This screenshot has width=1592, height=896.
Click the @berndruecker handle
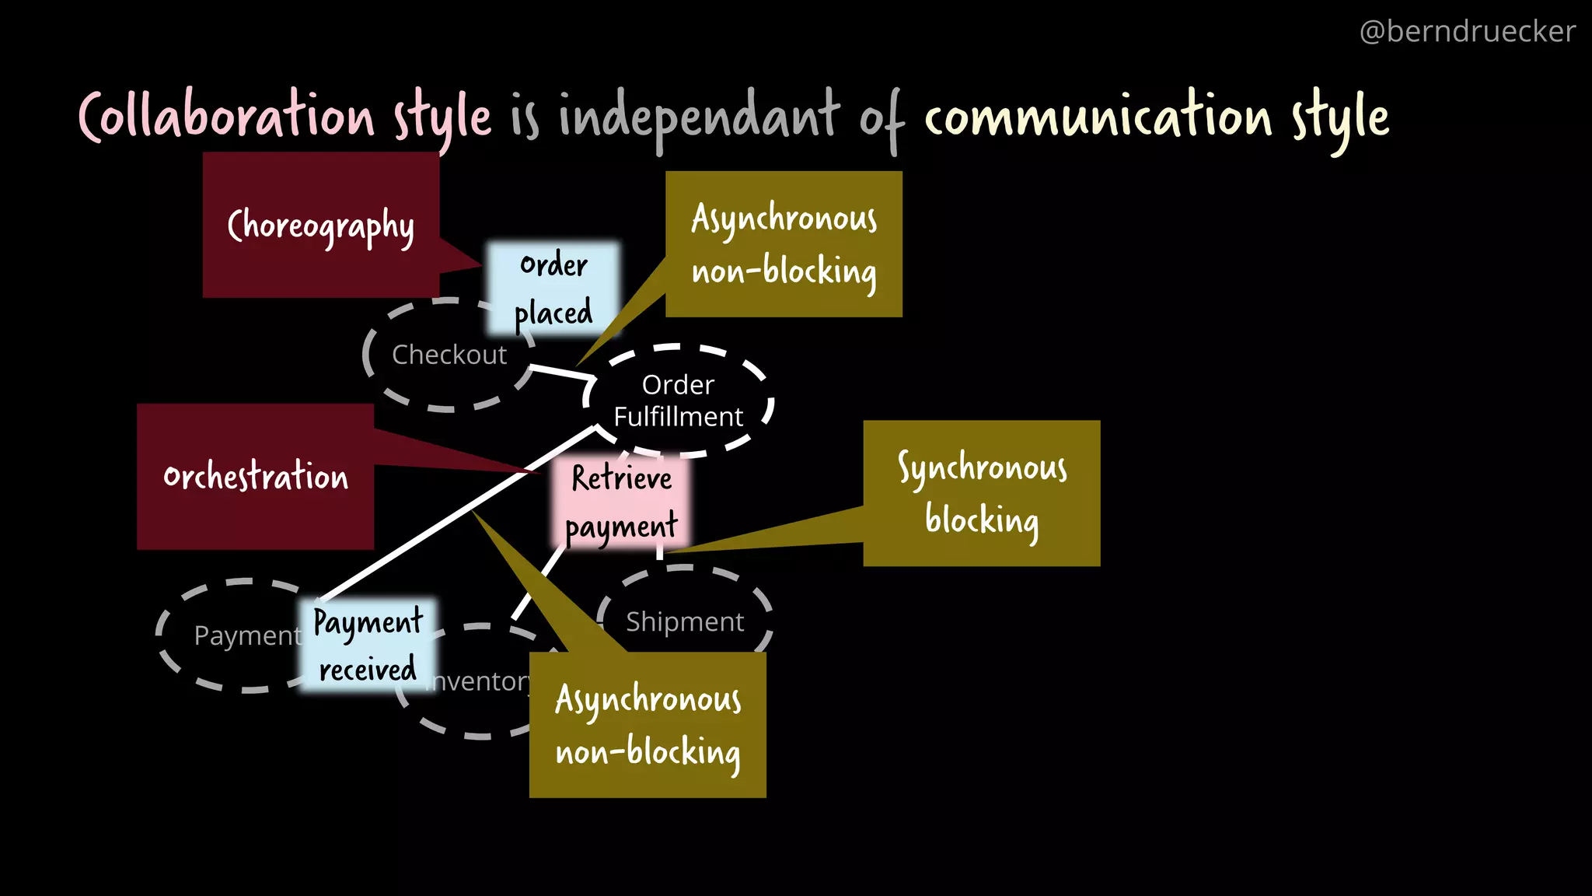1467,32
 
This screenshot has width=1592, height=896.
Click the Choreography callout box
320,226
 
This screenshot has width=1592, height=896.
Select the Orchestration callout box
255,477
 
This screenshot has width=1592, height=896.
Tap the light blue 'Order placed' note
553,289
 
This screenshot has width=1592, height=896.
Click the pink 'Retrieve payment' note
621,502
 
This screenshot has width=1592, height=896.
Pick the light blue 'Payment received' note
366,645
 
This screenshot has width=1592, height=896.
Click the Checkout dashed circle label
449,355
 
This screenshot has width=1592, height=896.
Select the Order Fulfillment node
678,401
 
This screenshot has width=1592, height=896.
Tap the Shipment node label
685,621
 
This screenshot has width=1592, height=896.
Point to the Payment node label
246,635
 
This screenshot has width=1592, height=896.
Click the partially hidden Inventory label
478,681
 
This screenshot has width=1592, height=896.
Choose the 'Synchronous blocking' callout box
981,493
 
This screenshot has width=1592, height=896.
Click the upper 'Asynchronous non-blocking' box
784,244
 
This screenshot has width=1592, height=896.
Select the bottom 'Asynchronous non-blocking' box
648,725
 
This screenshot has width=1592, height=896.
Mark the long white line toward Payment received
459,513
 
